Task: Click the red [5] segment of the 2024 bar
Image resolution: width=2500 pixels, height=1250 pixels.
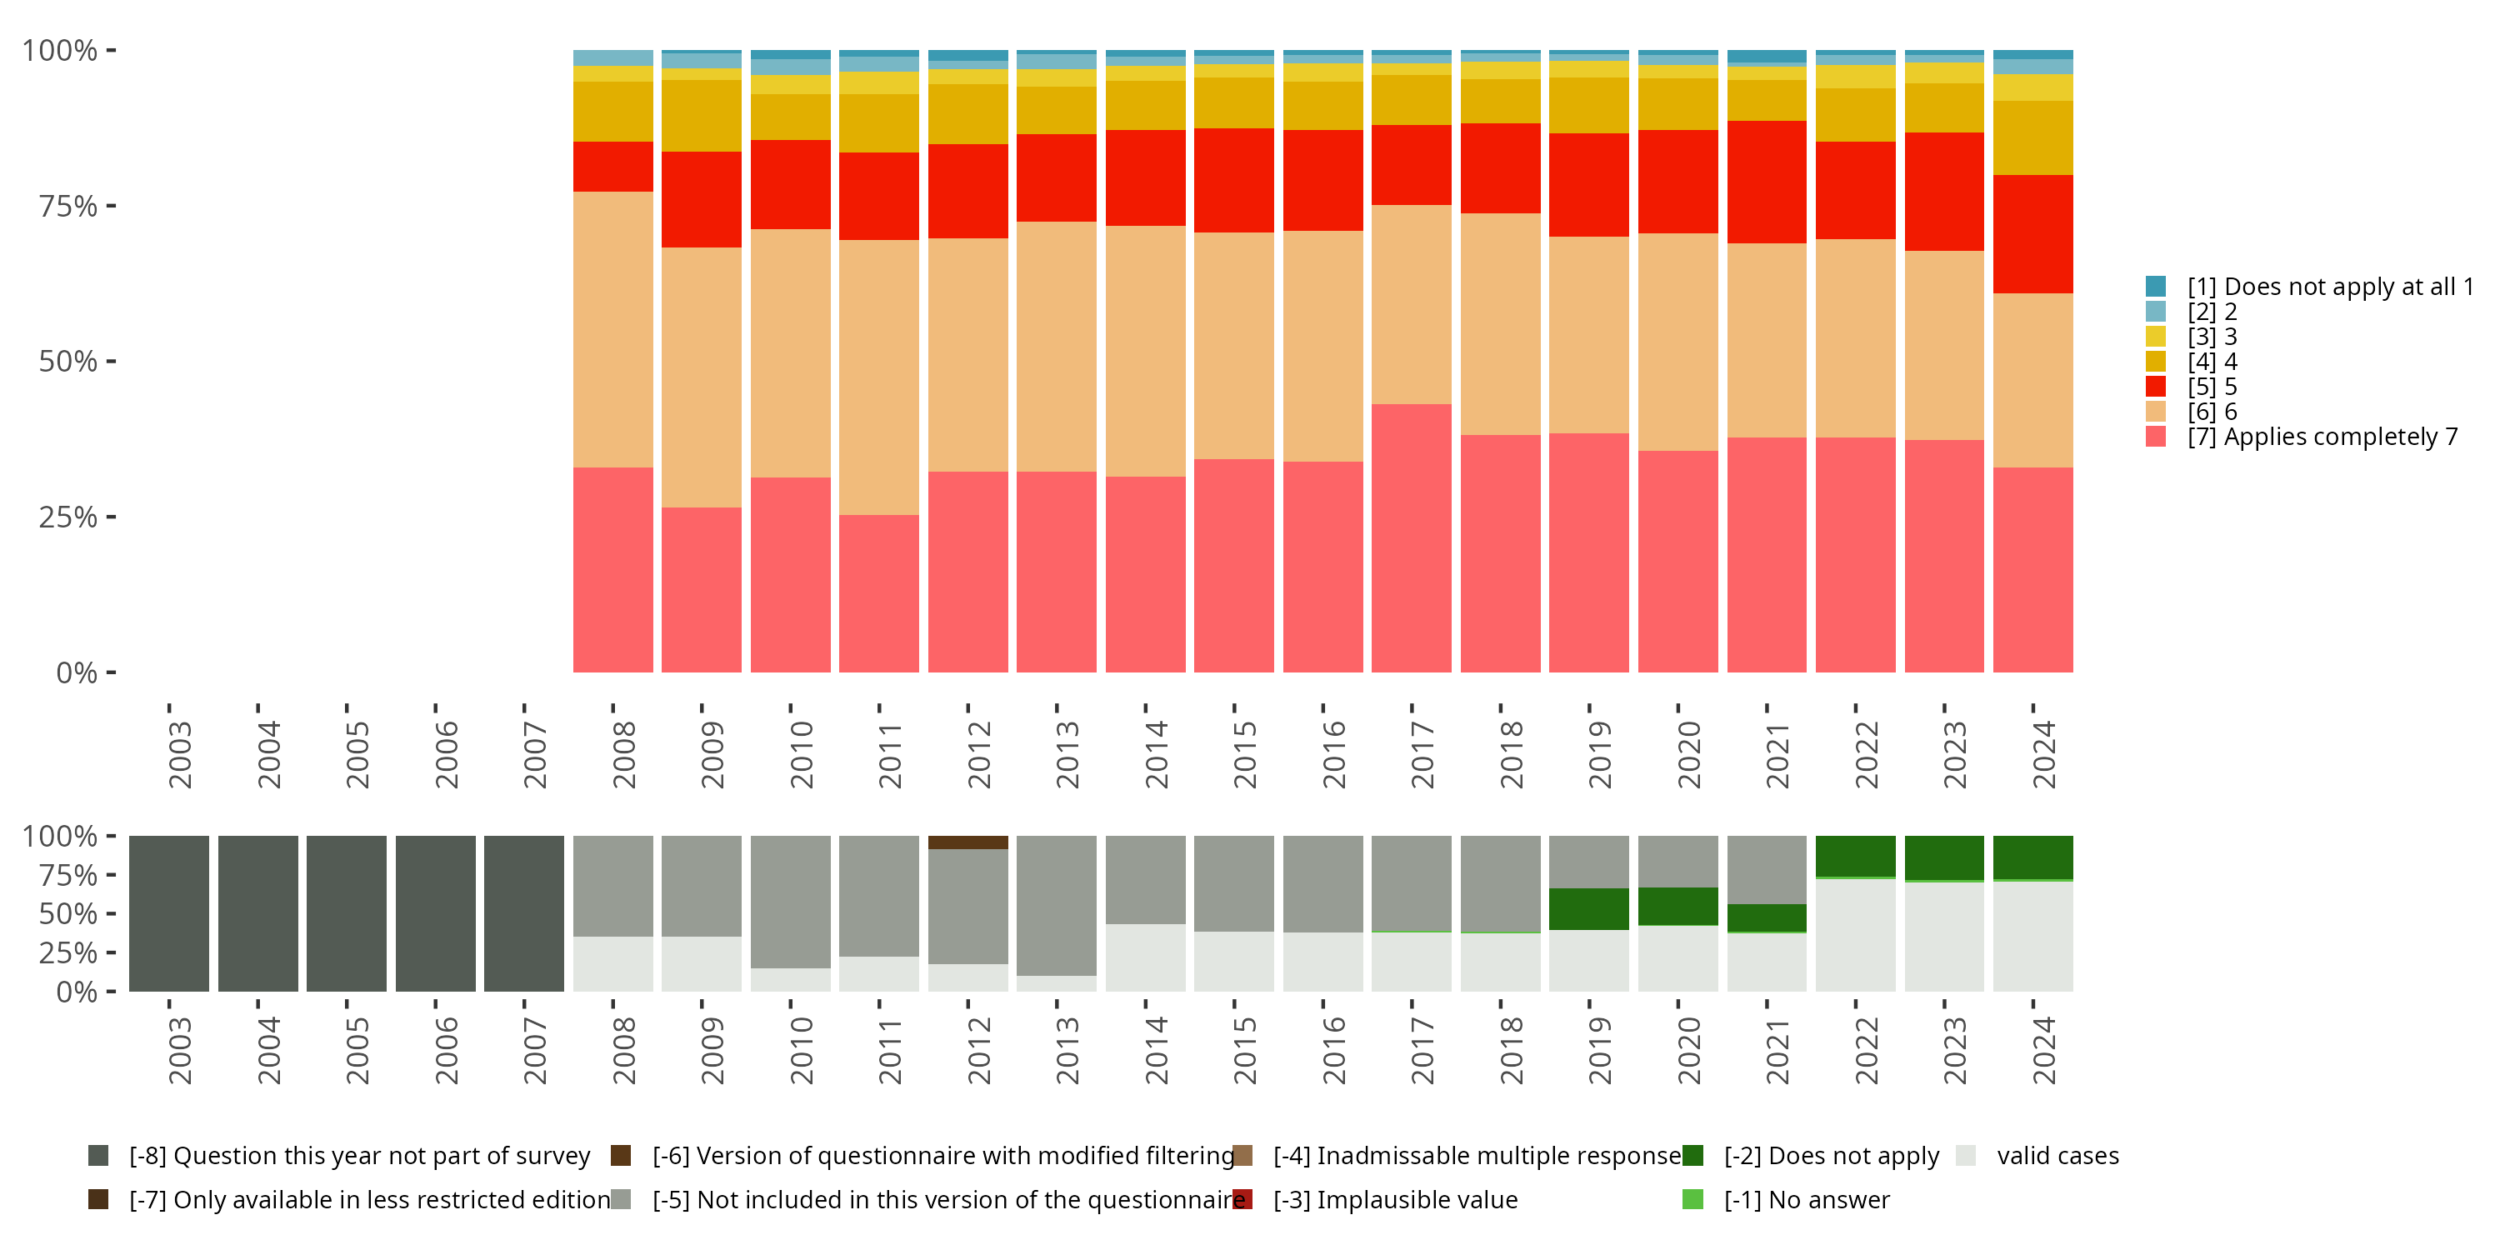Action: [2032, 234]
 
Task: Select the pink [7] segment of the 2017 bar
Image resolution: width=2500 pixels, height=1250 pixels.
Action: [1411, 537]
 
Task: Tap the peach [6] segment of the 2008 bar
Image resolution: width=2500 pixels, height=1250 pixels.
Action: [612, 329]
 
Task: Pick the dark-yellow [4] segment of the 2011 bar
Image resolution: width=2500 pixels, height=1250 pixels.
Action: [878, 123]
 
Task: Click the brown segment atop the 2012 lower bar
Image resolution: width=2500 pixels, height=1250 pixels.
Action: [967, 842]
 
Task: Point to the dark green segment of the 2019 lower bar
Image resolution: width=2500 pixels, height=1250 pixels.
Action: [1588, 908]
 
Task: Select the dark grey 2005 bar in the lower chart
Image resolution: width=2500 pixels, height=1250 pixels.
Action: [347, 913]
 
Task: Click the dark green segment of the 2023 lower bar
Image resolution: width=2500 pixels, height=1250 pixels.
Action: [1944, 858]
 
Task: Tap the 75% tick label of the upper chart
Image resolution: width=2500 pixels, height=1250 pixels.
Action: [68, 206]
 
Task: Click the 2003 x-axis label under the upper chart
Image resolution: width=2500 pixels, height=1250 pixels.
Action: [181, 754]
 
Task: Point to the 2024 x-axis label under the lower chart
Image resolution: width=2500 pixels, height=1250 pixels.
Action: [2044, 1050]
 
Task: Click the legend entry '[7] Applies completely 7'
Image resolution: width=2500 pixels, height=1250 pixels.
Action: [2322, 437]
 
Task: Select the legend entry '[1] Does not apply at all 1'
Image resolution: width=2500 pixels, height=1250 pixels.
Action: [2329, 287]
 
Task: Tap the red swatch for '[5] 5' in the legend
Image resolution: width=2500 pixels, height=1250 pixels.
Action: [2156, 387]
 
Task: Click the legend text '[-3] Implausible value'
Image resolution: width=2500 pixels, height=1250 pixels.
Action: [1395, 1199]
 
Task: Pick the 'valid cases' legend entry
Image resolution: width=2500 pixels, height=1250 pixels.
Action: [2057, 1156]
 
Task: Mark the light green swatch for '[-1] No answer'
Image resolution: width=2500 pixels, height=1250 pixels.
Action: [1692, 1199]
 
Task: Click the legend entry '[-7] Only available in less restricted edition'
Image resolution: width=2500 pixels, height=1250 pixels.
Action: [369, 1199]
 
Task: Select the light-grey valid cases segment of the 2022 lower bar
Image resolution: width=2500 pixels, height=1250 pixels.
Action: [1855, 935]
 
